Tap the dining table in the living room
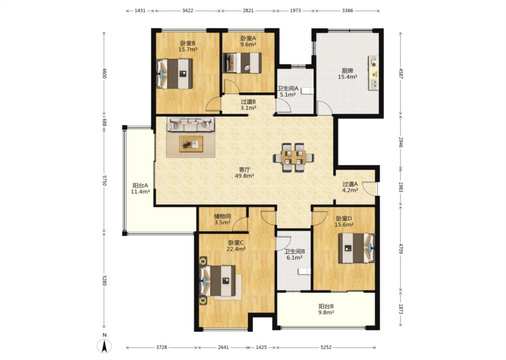point(293,157)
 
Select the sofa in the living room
point(191,124)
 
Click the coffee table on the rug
point(191,144)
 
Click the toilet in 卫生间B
point(304,271)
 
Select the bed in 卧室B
point(175,74)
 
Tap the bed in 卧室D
point(356,248)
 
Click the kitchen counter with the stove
point(374,73)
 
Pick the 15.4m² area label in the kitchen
point(347,77)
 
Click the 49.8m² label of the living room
point(245,175)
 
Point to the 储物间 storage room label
point(222,216)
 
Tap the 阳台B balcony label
point(326,307)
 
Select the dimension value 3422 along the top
point(188,11)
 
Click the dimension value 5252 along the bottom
point(326,347)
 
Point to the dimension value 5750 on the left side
point(104,180)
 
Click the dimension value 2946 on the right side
point(401,142)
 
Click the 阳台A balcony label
point(140,186)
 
